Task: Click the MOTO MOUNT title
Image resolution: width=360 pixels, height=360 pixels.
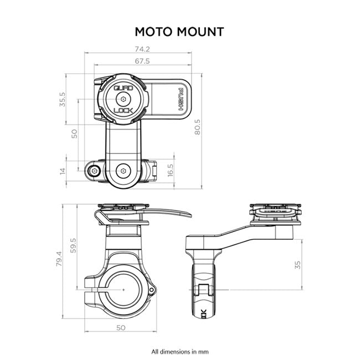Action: click(180, 31)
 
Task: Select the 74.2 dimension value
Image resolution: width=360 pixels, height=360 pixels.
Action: click(142, 49)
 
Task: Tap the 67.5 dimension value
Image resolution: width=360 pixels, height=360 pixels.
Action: click(142, 61)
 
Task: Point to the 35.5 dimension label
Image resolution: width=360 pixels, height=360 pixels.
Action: click(63, 99)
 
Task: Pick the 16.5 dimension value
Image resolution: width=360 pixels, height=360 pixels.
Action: click(170, 169)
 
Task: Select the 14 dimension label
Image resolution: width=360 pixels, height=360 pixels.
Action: click(63, 171)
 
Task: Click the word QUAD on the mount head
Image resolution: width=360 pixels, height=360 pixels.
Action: click(122, 88)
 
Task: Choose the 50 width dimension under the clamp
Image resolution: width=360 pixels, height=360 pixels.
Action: click(121, 327)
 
